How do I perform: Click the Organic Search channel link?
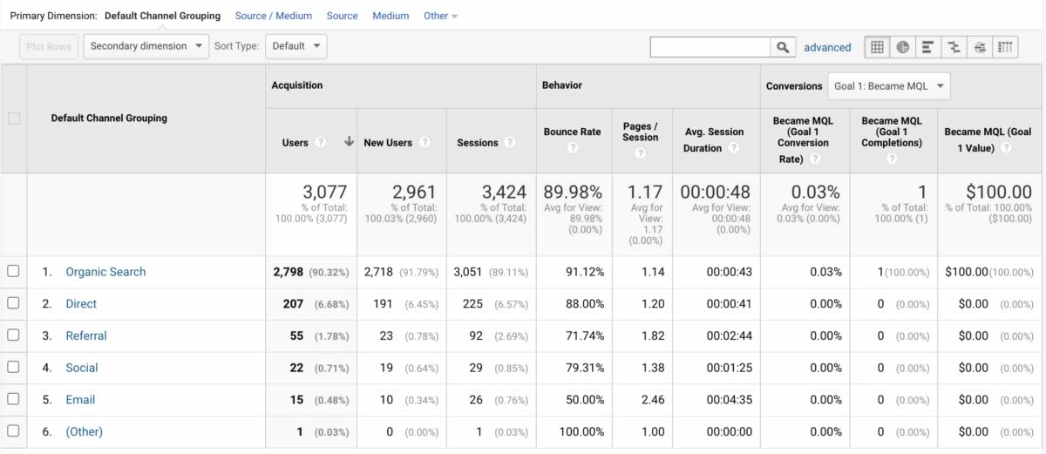click(x=105, y=272)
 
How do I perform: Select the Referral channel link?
click(x=86, y=335)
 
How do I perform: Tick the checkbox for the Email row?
click(x=13, y=399)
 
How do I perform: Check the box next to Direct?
click(x=13, y=303)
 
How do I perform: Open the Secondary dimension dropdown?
click(x=146, y=46)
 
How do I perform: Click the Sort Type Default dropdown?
click(x=295, y=46)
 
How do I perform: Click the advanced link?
click(x=827, y=47)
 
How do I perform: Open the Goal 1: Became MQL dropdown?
click(x=888, y=86)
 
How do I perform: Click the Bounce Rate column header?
click(x=572, y=132)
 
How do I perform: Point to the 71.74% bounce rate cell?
click(x=584, y=335)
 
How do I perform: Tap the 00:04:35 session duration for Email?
click(x=729, y=400)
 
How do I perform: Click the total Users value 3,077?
click(x=324, y=192)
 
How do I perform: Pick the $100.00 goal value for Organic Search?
click(x=967, y=272)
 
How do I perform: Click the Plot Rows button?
click(x=49, y=46)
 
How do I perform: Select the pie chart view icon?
click(x=902, y=47)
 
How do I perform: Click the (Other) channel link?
click(x=84, y=431)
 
